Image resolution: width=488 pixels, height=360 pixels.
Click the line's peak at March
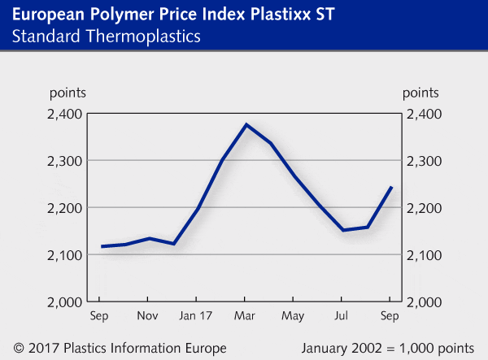(x=246, y=125)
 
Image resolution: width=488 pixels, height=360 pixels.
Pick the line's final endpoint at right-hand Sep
(x=392, y=187)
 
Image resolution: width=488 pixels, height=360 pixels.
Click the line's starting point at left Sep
(x=102, y=246)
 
